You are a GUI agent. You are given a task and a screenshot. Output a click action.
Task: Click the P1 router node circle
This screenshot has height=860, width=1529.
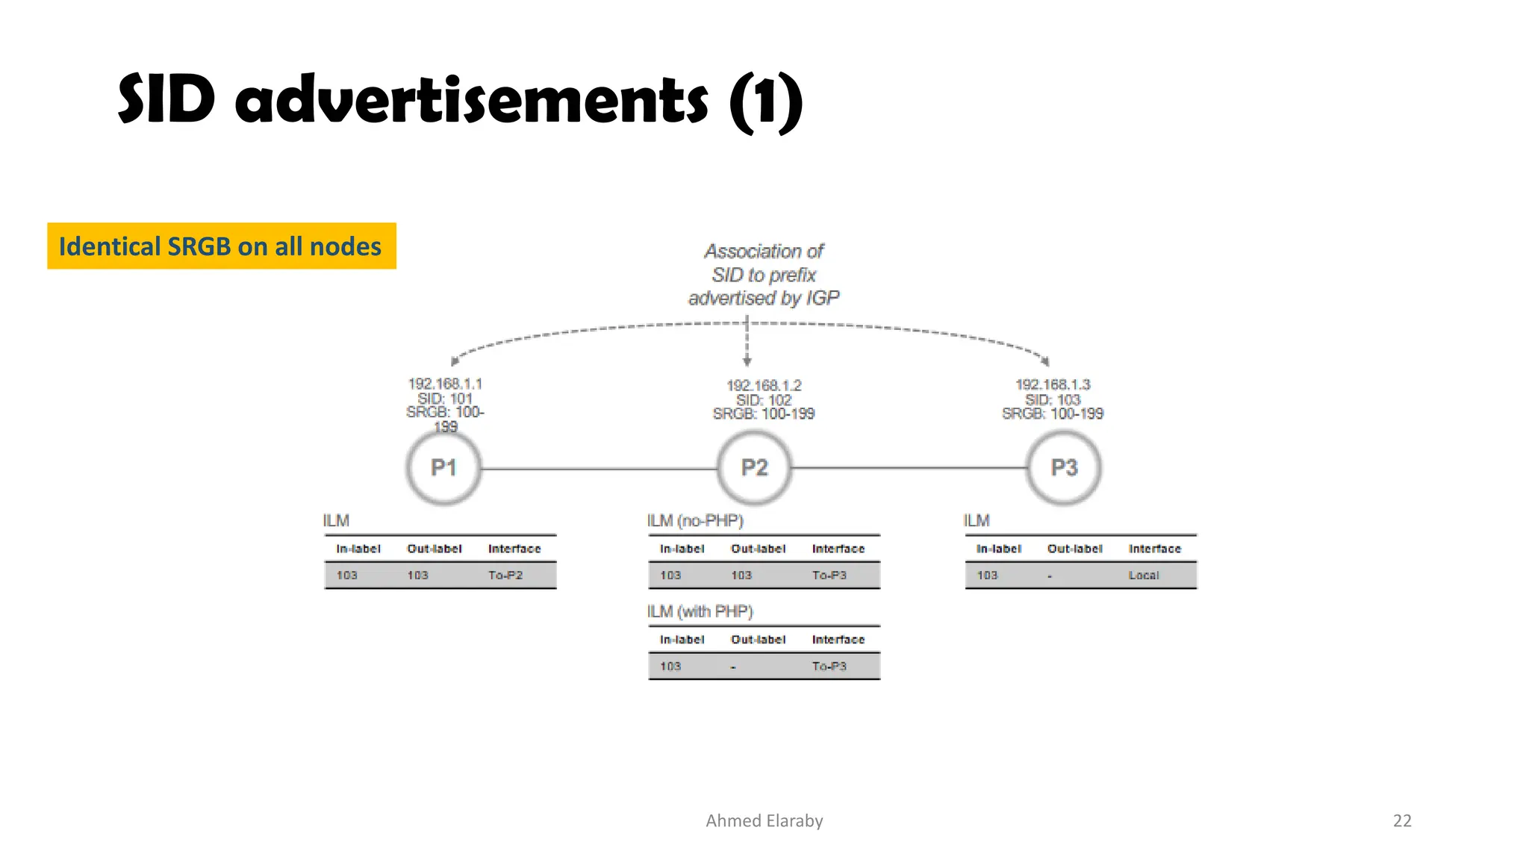click(443, 468)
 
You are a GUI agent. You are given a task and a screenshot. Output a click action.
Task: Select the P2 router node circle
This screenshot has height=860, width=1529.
click(754, 468)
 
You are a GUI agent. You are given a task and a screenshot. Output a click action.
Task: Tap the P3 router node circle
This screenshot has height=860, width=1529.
click(1064, 468)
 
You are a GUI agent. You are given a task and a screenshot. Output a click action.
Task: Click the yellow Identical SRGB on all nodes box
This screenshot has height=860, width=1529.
click(221, 246)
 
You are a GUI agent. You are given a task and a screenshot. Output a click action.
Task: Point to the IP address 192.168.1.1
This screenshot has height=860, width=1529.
click(445, 384)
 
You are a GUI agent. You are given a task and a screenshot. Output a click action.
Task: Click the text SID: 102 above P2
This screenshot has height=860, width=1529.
click(764, 400)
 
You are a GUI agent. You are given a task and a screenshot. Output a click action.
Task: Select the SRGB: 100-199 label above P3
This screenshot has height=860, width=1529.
click(1053, 414)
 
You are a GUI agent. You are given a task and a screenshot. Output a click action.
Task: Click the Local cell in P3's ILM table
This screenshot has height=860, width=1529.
click(1143, 576)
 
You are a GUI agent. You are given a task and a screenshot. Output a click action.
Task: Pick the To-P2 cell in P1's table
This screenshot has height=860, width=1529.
click(505, 576)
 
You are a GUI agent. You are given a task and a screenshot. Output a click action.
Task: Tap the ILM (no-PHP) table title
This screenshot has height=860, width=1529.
click(695, 520)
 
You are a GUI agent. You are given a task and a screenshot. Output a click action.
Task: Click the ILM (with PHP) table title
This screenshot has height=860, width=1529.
click(700, 611)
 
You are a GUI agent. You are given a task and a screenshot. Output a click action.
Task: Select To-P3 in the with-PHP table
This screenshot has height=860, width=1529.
click(829, 667)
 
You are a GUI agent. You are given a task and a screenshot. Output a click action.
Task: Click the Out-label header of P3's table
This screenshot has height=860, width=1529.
click(1074, 549)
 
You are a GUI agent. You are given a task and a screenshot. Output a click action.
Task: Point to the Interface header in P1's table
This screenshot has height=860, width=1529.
click(514, 549)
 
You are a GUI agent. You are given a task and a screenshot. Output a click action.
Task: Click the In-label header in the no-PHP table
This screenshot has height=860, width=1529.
click(682, 549)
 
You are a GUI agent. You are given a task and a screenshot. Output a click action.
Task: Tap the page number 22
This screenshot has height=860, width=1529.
click(1402, 820)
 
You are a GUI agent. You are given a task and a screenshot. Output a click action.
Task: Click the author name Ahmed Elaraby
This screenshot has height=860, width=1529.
click(764, 820)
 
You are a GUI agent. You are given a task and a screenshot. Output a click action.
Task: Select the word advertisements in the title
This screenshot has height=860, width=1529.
click(471, 101)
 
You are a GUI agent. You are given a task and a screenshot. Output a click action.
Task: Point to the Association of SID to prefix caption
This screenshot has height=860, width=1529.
click(764, 275)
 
